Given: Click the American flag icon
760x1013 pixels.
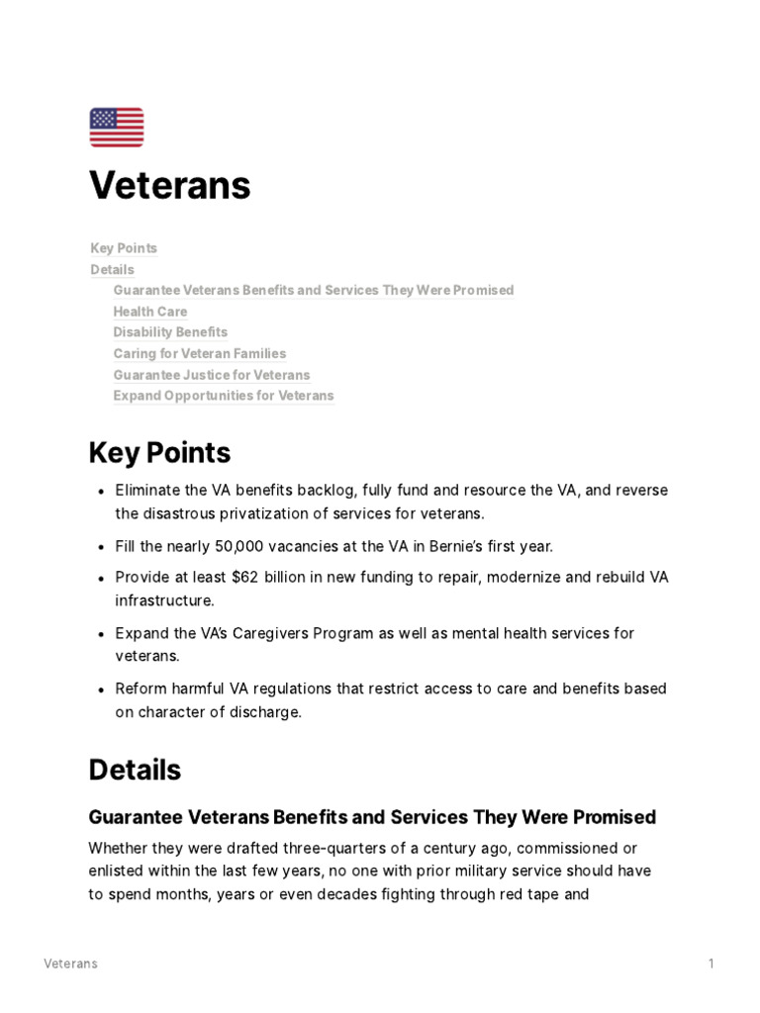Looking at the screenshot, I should [117, 128].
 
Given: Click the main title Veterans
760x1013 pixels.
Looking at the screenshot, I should [169, 185].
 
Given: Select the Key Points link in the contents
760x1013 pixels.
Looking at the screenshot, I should [124, 248].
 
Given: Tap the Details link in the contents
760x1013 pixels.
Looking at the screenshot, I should [112, 269].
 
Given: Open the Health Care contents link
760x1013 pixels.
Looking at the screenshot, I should [149, 312].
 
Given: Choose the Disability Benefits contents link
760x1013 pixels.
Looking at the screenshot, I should [170, 332].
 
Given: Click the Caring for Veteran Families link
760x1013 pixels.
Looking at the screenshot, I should [200, 354].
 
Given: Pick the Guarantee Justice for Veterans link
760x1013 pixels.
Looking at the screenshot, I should [212, 375].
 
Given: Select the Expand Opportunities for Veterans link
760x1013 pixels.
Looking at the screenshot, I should [224, 396].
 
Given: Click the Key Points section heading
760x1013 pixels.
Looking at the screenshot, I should [159, 453].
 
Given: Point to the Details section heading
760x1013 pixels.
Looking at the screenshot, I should [135, 771].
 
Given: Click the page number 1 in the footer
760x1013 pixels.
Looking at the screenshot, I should [711, 964].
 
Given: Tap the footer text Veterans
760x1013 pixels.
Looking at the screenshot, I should [70, 964].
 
